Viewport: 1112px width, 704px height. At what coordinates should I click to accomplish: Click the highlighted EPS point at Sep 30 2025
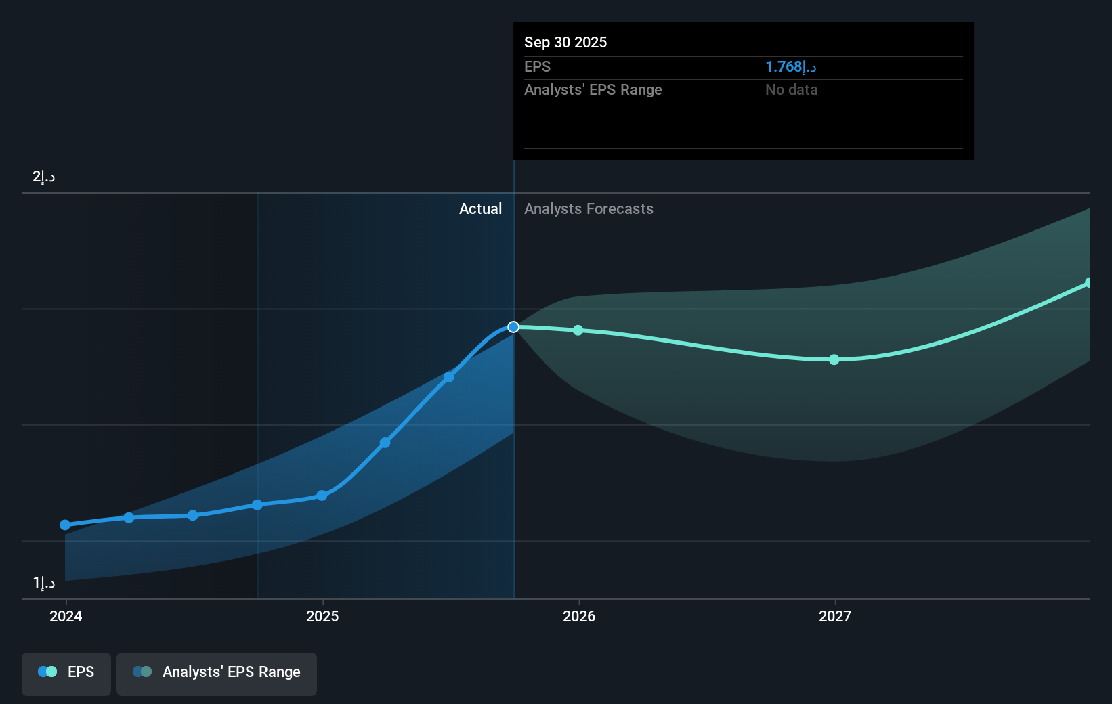point(513,327)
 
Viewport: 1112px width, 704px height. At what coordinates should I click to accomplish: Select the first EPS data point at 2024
point(65,525)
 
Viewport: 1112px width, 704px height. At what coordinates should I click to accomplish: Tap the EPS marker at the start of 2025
point(322,496)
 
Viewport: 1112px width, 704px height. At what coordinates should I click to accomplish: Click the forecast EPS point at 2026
point(578,330)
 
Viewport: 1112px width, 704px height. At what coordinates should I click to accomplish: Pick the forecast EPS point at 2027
point(834,359)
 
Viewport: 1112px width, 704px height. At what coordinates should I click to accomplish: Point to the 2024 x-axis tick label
point(66,616)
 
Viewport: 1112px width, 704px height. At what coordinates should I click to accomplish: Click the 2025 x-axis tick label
point(322,616)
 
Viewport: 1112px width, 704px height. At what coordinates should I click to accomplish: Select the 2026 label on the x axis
point(579,616)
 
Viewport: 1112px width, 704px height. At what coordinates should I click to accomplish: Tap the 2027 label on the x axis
point(835,616)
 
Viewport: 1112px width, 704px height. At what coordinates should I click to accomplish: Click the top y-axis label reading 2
point(43,177)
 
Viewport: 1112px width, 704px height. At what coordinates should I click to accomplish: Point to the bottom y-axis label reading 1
point(43,582)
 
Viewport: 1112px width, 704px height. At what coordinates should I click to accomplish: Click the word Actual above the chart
point(480,208)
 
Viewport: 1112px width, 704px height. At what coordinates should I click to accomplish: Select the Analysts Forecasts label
point(589,208)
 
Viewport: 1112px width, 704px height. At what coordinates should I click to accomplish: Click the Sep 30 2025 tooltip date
point(565,42)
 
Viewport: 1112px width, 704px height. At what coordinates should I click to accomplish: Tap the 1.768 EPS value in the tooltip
point(790,66)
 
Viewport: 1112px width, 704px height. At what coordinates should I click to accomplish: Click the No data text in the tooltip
point(791,89)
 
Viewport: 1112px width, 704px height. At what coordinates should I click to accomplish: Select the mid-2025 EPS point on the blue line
point(449,377)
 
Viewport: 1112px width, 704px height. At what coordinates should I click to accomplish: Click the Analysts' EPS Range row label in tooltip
point(593,89)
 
